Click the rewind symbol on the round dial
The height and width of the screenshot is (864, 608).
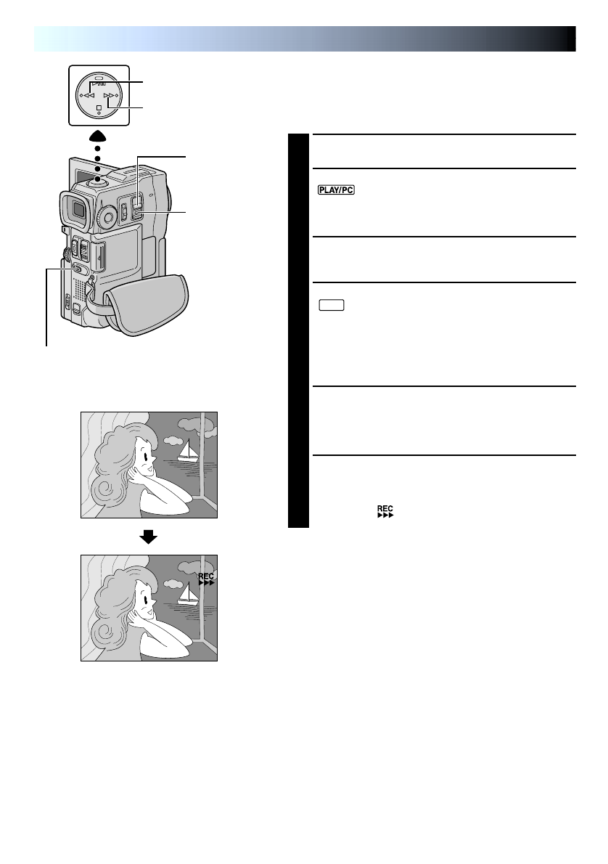click(x=85, y=95)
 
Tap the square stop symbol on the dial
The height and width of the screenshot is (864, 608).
click(x=98, y=107)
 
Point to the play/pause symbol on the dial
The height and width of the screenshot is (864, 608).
click(x=98, y=83)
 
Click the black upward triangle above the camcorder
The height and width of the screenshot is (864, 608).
click(x=97, y=137)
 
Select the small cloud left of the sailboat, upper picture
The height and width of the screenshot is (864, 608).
click(x=171, y=440)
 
